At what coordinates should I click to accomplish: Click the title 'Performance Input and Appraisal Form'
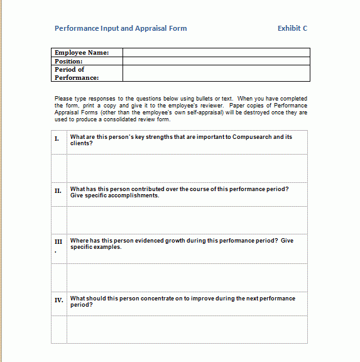(121, 28)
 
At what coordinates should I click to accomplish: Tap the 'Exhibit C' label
(292, 28)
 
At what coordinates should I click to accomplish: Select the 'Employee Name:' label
(82, 53)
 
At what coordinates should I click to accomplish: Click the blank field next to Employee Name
(215, 53)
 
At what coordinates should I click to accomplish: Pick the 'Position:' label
(68, 62)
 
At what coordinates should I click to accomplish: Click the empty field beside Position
(215, 62)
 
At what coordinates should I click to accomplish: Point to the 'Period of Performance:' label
(77, 74)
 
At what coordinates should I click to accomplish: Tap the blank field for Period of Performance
(215, 74)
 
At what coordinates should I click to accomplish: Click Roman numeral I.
(57, 138)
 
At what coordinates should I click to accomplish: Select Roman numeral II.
(58, 190)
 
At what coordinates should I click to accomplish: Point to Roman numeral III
(58, 241)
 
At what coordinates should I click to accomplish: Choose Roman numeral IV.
(59, 300)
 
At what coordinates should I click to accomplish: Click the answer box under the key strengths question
(187, 167)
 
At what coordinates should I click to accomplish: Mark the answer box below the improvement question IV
(187, 329)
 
